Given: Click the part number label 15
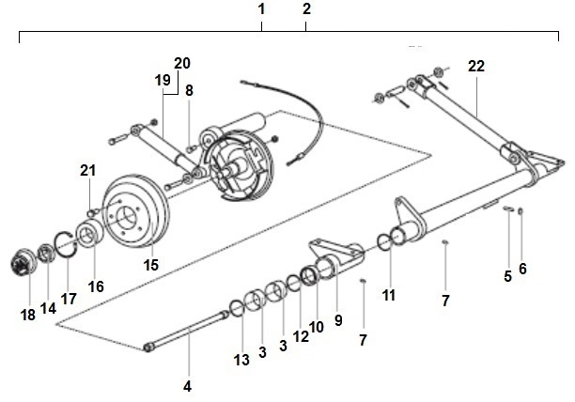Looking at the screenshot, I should [x=150, y=266].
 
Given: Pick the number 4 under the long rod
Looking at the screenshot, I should [x=187, y=386].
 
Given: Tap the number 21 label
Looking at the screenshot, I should [x=87, y=170].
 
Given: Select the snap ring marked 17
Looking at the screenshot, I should [x=65, y=241].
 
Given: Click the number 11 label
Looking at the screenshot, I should [x=389, y=295].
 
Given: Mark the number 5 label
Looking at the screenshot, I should [x=507, y=275].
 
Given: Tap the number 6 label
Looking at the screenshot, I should [x=522, y=269].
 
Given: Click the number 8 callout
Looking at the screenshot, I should [x=189, y=91].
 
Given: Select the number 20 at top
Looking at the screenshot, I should [x=181, y=63].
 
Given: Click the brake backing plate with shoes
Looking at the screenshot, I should [x=241, y=166].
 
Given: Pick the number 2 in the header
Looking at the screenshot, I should [x=306, y=8].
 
